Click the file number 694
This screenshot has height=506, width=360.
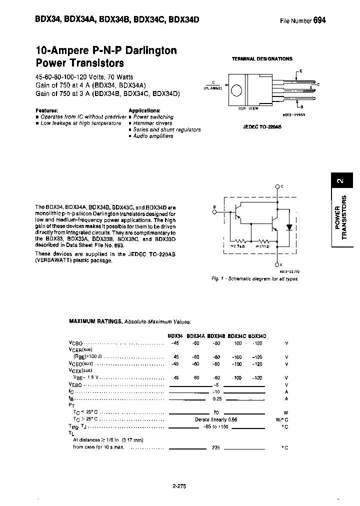[x=319, y=20]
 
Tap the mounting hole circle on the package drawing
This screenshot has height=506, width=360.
[x=237, y=90]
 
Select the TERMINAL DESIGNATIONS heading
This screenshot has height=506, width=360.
[x=262, y=58]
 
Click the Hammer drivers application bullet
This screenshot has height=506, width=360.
[x=152, y=123]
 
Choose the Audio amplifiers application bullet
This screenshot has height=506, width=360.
[x=153, y=136]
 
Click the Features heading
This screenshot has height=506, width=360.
[x=46, y=110]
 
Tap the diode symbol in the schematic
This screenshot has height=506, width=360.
[x=289, y=226]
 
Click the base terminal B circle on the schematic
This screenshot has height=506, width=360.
[x=215, y=211]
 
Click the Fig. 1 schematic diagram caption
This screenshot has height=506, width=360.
[x=255, y=278]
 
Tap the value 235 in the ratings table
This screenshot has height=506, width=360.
[x=216, y=447]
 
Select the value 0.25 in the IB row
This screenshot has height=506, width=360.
[x=216, y=399]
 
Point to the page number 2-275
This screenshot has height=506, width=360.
[x=179, y=485]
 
